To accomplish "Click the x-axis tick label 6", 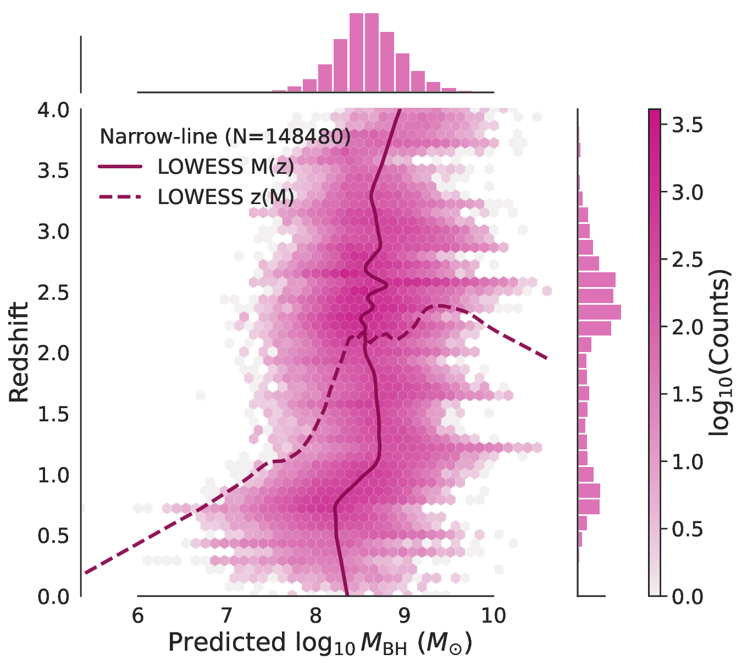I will click(x=137, y=615).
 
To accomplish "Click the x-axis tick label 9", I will click(x=405, y=615).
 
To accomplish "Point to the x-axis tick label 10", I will click(x=494, y=615).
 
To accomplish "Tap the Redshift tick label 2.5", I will click(x=54, y=293).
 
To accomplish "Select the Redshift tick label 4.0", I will click(x=54, y=110).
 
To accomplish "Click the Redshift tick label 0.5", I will click(x=54, y=536).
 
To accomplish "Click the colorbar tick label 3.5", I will click(x=688, y=125).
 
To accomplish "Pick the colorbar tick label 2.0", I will click(x=688, y=327).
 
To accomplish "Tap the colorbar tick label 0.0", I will click(x=688, y=596).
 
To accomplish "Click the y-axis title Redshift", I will click(x=19, y=352).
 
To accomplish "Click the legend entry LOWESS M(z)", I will click(x=225, y=167).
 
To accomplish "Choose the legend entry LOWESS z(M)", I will click(x=225, y=197).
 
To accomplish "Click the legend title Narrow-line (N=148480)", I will click(x=225, y=136).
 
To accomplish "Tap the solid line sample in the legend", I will click(x=120, y=167).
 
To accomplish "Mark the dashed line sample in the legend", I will click(x=120, y=197).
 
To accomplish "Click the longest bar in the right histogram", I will click(x=599, y=312).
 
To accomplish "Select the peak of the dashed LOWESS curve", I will click(x=440, y=305).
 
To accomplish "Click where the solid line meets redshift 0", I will click(x=347, y=595).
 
